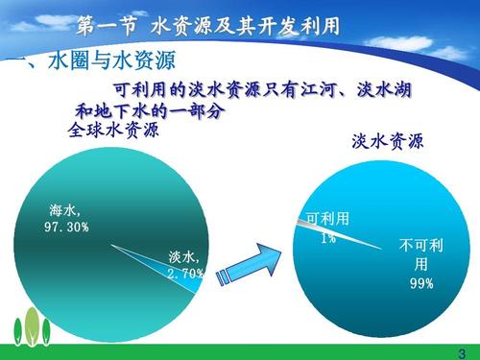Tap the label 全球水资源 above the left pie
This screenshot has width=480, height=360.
113,130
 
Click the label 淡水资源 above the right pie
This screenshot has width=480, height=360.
388,143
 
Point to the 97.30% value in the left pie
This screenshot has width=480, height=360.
66,227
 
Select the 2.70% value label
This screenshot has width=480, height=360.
185,274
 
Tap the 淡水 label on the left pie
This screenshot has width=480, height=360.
183,257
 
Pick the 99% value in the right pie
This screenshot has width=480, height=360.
421,283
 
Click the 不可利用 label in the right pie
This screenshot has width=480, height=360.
421,254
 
